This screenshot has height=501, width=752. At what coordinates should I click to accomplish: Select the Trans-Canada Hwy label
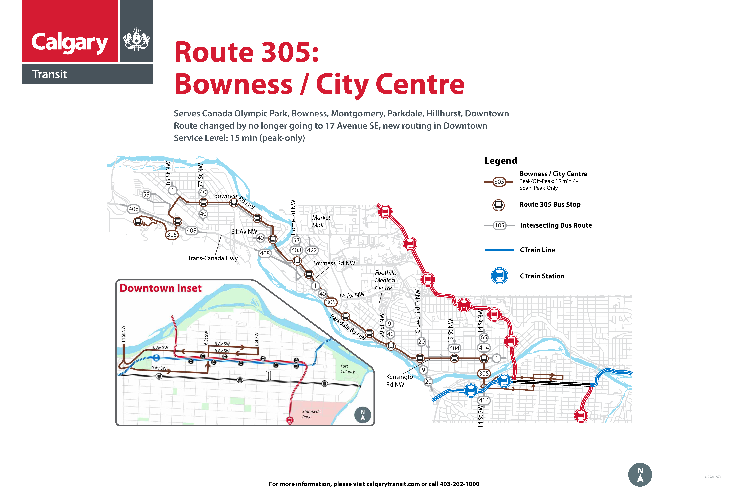pyautogui.click(x=213, y=258)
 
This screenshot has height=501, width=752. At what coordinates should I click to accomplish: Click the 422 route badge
pyautogui.click(x=312, y=250)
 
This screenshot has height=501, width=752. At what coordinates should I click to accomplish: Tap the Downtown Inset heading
pyautogui.click(x=161, y=288)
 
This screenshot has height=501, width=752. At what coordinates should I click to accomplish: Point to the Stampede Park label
pyautogui.click(x=311, y=414)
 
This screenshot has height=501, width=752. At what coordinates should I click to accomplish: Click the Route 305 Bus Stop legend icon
pyautogui.click(x=498, y=205)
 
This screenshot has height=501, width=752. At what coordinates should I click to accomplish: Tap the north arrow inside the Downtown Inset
pyautogui.click(x=363, y=415)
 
